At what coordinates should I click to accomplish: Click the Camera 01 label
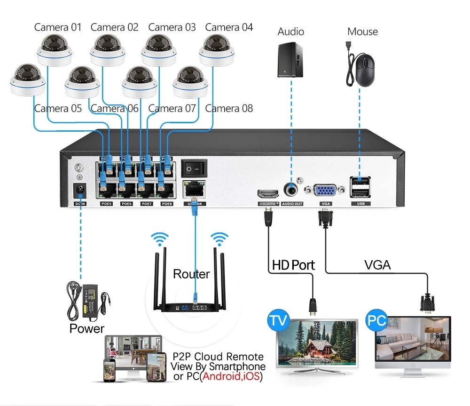(x=58, y=27)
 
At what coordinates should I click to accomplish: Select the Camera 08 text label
(x=229, y=109)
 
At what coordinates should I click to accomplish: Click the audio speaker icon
(x=290, y=60)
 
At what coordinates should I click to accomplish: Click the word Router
(x=191, y=274)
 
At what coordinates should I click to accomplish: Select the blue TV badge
(x=278, y=321)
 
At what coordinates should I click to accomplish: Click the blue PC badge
(x=377, y=321)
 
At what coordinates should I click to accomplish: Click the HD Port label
(x=293, y=265)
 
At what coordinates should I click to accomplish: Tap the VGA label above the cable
(x=377, y=265)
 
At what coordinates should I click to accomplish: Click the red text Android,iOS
(x=231, y=377)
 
